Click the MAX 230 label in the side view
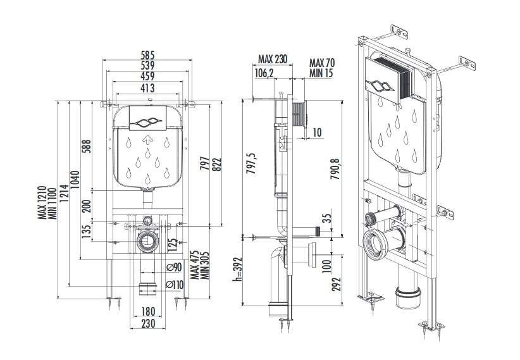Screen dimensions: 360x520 (273, 59)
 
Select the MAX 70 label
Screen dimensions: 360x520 (321, 63)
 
